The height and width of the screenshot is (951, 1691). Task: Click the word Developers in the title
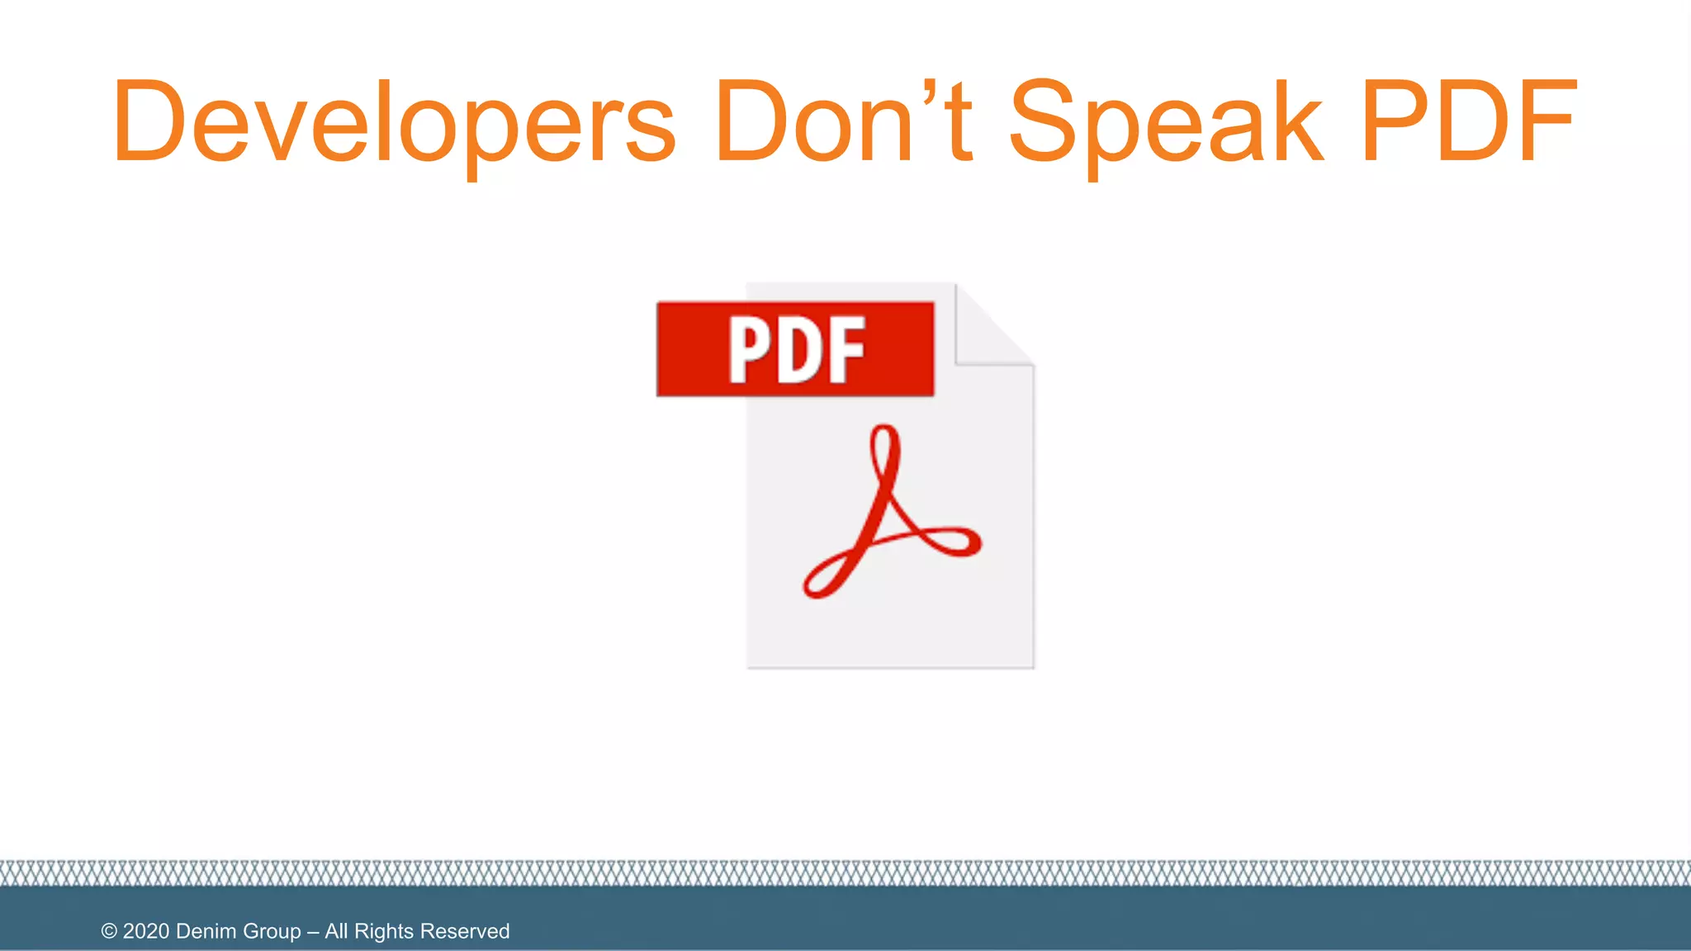point(395,122)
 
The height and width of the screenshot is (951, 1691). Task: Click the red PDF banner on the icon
point(795,349)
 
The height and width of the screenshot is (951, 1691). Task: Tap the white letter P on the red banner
point(748,351)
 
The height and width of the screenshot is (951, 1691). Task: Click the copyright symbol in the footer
point(109,931)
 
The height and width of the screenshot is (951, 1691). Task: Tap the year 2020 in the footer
point(146,931)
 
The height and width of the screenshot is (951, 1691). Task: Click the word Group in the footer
point(272,931)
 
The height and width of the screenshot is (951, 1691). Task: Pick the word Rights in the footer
point(383,931)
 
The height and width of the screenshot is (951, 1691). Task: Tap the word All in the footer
point(336,931)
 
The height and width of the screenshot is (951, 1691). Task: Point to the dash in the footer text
point(313,932)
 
